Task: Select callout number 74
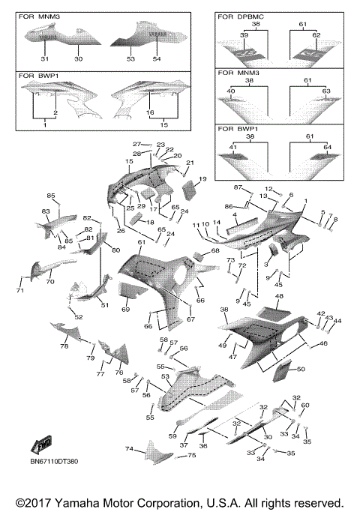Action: [129, 449]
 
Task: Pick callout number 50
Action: [301, 370]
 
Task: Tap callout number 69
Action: [126, 309]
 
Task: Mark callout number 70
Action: [50, 283]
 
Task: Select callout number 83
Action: [45, 212]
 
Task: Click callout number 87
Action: [237, 187]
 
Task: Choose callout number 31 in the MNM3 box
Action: [44, 59]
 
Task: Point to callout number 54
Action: [157, 59]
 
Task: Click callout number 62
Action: [316, 35]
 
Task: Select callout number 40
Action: [231, 91]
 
